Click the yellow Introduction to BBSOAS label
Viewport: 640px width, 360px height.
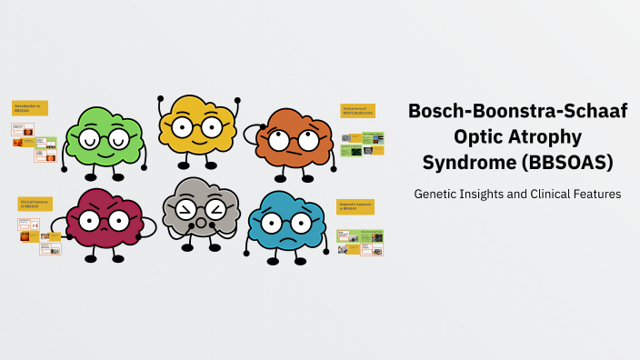pos(29,107)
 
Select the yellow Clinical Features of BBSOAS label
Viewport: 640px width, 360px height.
pos(35,204)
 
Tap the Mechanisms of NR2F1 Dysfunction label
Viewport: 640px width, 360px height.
pos(357,111)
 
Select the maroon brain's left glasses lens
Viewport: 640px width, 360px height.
pos(89,221)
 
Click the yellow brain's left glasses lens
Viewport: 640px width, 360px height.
pos(183,126)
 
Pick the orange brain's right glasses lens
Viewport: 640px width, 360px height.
pos(308,140)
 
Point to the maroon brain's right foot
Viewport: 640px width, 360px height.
pos(118,258)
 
